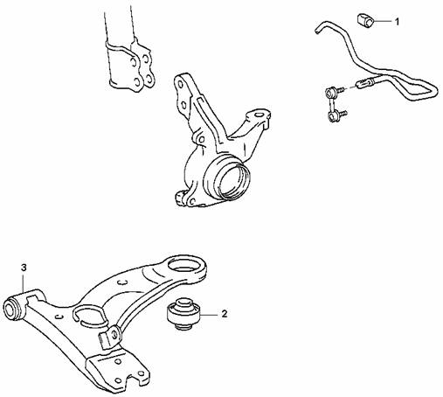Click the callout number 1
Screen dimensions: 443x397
[x=397, y=21]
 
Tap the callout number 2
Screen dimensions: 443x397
[x=225, y=314]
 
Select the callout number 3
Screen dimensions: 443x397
[x=24, y=268]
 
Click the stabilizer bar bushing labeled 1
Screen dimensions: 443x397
[x=365, y=20]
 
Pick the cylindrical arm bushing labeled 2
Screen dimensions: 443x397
[x=183, y=314]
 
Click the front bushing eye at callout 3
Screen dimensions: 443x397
[x=13, y=307]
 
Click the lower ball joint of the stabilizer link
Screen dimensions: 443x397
[x=333, y=116]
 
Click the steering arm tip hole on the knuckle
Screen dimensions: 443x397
[x=258, y=115]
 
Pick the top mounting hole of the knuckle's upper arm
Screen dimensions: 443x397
[x=180, y=85]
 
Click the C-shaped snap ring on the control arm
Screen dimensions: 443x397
[x=89, y=316]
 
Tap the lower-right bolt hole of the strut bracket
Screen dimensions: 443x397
[x=149, y=78]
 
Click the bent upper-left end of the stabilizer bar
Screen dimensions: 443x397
[x=322, y=26]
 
